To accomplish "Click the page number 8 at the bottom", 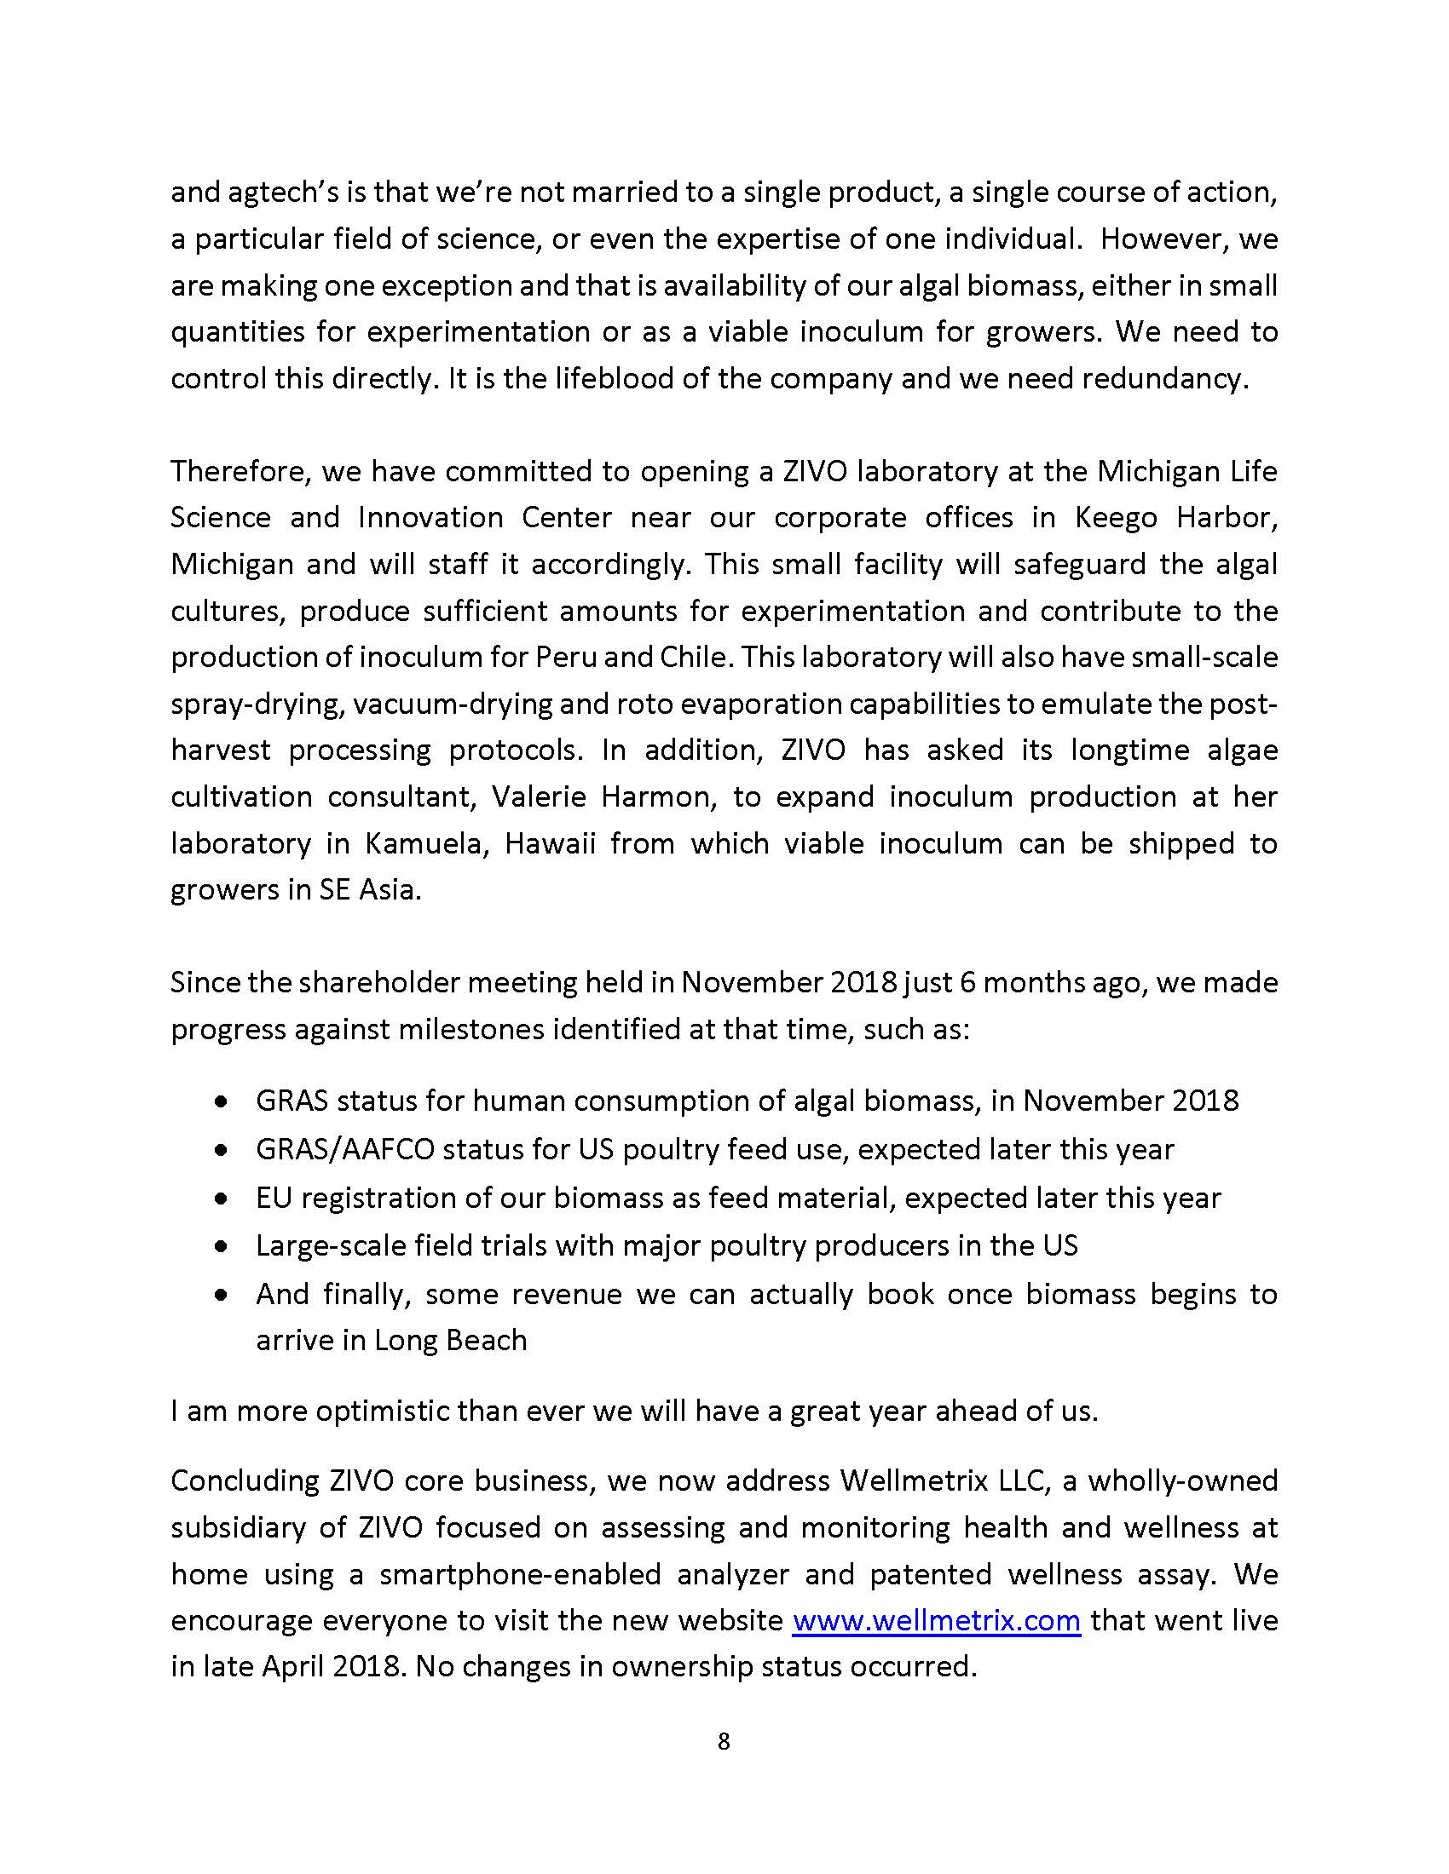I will coord(724,1741).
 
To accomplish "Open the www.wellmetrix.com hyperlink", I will coord(936,1620).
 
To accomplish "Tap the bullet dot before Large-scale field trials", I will coord(222,1247).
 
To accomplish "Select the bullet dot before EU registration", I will coord(222,1199).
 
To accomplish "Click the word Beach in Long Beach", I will coord(487,1340).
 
